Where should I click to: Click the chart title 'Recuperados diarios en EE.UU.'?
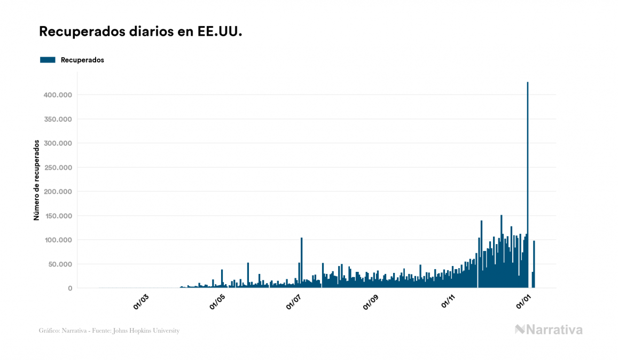tap(140, 32)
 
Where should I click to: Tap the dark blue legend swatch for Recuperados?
tap(48, 60)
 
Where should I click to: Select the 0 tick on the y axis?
tap(70, 288)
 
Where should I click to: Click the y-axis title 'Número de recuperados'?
tap(37, 180)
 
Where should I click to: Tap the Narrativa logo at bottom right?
tap(549, 330)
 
